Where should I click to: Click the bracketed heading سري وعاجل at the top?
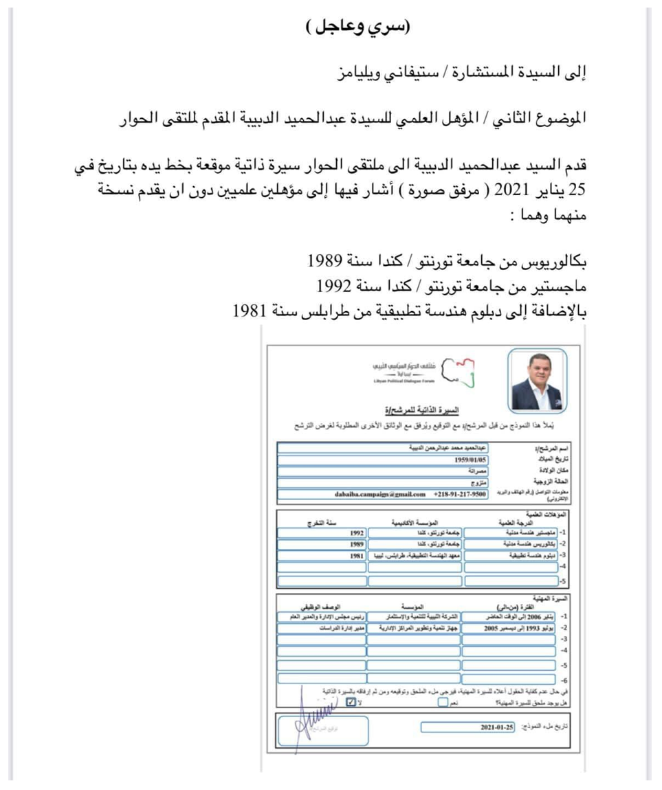point(357,28)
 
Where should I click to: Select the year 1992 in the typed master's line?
point(334,286)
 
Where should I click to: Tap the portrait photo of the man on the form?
point(537,381)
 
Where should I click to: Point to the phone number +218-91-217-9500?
point(459,493)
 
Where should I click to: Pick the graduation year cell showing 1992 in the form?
point(356,532)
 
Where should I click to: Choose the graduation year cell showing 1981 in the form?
point(356,555)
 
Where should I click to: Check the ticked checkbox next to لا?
point(351,703)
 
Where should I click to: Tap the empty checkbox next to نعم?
point(443,703)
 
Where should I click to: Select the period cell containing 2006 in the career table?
point(510,617)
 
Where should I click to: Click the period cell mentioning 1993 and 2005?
point(510,628)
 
